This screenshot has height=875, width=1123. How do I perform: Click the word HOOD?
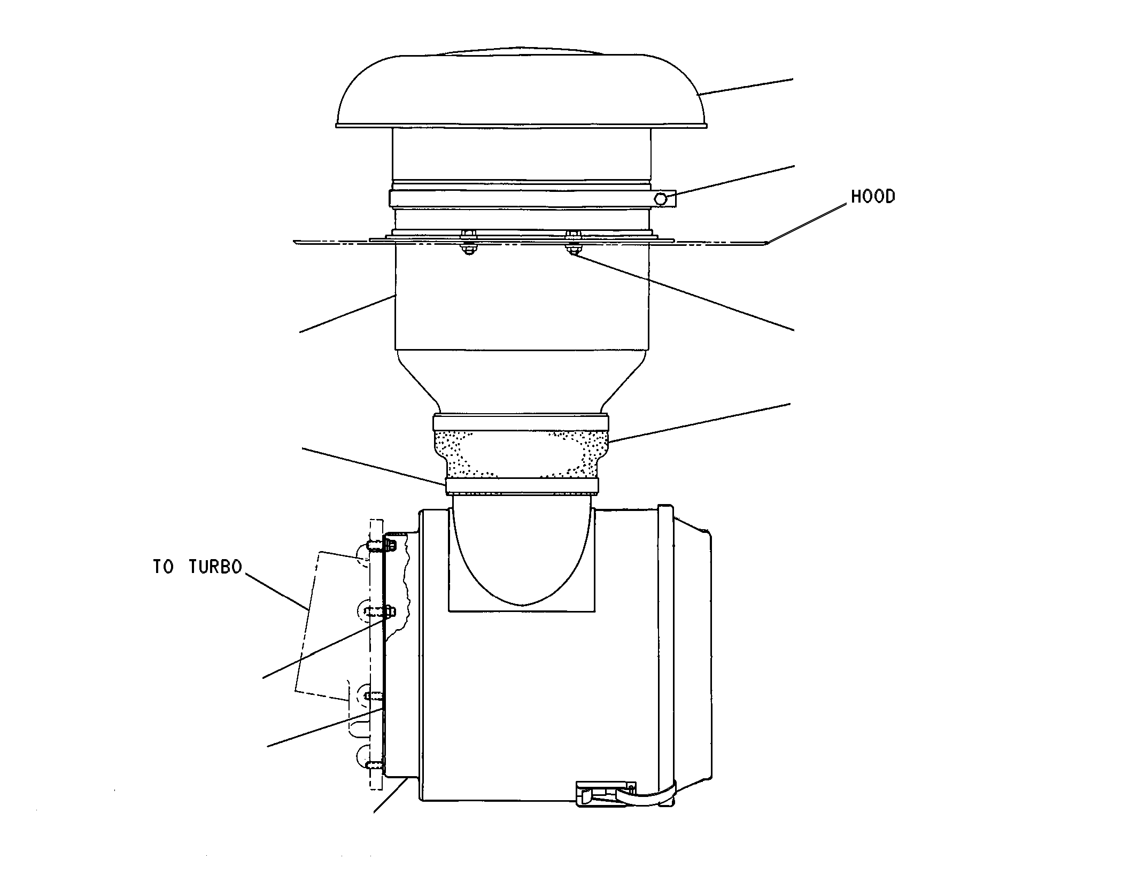(873, 197)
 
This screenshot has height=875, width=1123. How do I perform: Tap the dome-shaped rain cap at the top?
(522, 88)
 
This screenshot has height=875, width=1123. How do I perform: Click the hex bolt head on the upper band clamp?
(661, 199)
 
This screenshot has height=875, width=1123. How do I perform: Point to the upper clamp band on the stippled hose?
(521, 422)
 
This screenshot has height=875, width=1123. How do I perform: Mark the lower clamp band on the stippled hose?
(521, 485)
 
